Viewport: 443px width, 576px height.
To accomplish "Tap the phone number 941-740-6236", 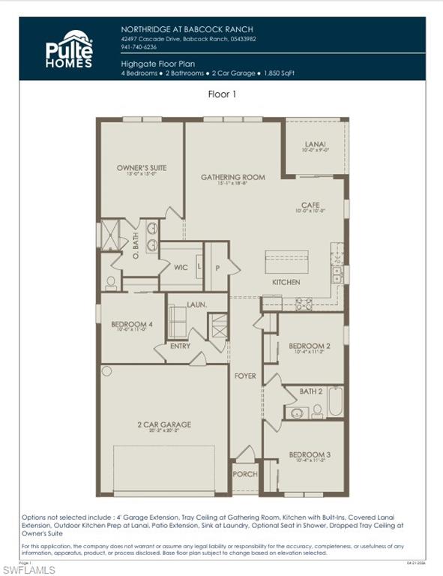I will (139, 46).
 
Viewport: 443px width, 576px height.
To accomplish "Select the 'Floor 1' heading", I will (222, 94).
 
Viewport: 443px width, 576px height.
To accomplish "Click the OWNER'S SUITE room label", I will (142, 168).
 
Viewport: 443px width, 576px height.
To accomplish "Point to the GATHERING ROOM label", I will (233, 178).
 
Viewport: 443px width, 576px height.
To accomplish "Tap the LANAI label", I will (315, 143).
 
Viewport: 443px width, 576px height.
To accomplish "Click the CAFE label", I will (310, 204).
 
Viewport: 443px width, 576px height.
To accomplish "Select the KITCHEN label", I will (286, 283).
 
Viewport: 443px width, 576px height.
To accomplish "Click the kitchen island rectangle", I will (286, 262).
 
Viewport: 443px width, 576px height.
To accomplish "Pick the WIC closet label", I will (181, 267).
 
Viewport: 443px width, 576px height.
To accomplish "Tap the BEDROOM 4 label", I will (132, 324).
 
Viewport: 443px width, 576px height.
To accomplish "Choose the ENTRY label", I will (180, 346).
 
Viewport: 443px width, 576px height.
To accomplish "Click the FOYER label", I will (245, 376).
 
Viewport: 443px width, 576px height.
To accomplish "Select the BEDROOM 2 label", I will (310, 346).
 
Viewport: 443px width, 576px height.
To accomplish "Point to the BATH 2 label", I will (310, 391).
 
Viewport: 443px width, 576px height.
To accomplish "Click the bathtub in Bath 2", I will (335, 403).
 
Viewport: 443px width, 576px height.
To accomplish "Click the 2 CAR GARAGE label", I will (163, 424).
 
